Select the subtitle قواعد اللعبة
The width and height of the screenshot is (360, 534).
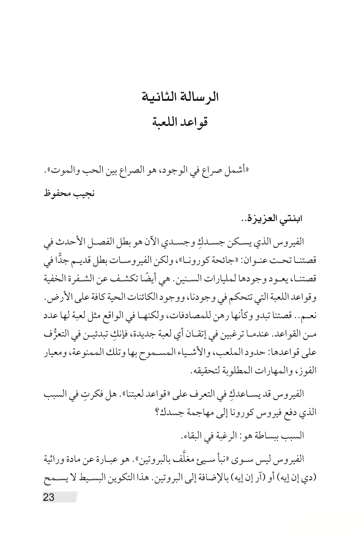click(180, 122)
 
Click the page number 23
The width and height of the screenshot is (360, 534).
click(49, 497)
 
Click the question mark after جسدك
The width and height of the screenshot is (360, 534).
click(162, 412)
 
